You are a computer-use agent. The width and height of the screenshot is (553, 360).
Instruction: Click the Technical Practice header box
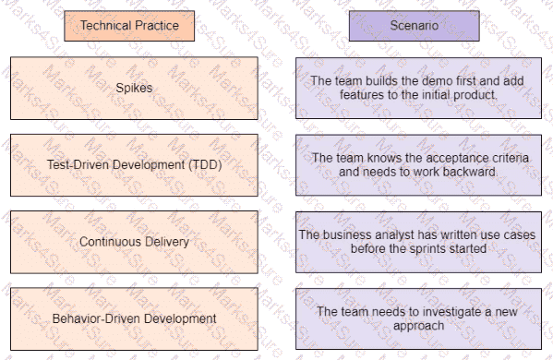click(x=128, y=26)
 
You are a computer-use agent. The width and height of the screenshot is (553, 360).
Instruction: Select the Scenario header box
click(x=419, y=26)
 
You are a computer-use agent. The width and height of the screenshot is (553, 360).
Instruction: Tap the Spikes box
click(x=135, y=88)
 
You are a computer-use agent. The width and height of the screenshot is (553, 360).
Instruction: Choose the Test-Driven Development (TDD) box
click(x=135, y=164)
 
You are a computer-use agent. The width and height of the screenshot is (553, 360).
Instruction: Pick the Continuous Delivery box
click(x=135, y=242)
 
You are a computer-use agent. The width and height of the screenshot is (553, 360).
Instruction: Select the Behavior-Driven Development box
click(x=135, y=318)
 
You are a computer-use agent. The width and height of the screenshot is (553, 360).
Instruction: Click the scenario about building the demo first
click(x=419, y=88)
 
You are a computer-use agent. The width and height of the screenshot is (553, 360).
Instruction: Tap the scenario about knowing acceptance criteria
click(x=419, y=164)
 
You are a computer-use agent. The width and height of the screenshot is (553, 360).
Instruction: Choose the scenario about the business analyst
click(x=419, y=242)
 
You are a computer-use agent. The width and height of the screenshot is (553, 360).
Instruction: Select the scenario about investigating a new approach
click(x=419, y=318)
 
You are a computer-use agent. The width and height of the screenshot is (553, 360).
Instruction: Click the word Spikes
click(x=135, y=88)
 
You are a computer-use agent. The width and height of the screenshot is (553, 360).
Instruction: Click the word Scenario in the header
click(x=419, y=26)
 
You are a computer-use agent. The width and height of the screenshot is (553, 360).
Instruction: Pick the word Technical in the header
click(x=102, y=26)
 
